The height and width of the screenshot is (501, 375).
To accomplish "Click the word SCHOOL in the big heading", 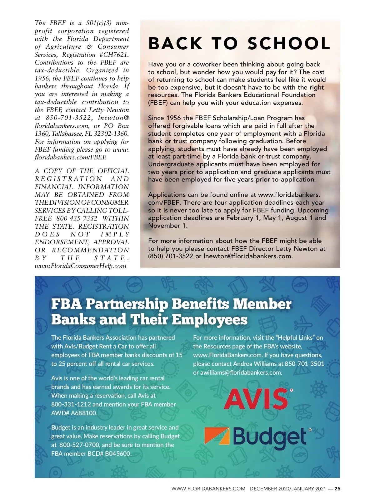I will click(x=289, y=43).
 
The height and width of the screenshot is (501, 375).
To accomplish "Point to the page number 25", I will click(x=337, y=489).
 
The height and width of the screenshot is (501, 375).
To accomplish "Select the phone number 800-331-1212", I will click(x=71, y=404).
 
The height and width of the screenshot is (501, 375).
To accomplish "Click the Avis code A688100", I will click(x=84, y=413).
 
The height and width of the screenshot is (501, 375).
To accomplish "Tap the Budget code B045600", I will click(x=118, y=454).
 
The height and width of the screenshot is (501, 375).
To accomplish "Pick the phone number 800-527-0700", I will click(x=79, y=445).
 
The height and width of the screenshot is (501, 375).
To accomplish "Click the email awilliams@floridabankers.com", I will click(x=241, y=372).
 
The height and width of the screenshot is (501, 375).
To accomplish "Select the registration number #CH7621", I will click(x=114, y=55).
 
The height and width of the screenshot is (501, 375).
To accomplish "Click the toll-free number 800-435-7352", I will click(x=77, y=218).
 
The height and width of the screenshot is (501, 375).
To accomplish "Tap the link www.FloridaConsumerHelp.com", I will click(x=81, y=266).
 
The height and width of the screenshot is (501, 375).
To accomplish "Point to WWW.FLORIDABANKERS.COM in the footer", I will click(x=208, y=489).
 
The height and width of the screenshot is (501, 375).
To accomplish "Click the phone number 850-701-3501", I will click(x=304, y=364).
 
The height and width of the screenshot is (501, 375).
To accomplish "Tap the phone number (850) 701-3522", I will click(x=171, y=256).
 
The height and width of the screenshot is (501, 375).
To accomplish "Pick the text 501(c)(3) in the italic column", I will click(x=97, y=23).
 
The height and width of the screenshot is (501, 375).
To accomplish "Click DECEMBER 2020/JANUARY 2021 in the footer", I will click(x=287, y=489).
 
